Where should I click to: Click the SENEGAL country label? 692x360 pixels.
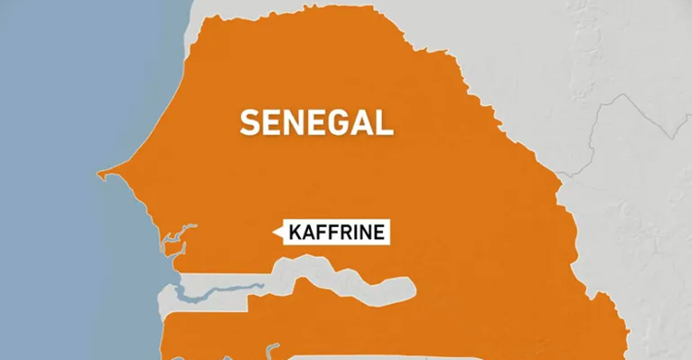pyautogui.click(x=316, y=122)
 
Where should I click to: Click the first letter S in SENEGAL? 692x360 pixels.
pyautogui.click(x=250, y=122)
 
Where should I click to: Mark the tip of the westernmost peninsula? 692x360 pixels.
pyautogui.click(x=99, y=173)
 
